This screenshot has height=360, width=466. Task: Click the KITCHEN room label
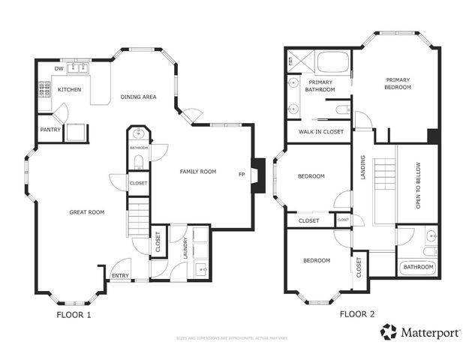[70, 90]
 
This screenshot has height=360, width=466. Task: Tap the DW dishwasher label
[59, 70]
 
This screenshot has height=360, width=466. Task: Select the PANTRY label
[50, 129]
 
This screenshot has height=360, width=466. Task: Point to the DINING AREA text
[138, 96]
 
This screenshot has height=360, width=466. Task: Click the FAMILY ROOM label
[198, 172]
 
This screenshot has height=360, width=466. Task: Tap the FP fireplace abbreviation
[242, 175]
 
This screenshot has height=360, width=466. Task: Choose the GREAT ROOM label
[86, 212]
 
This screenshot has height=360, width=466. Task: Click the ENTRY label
[120, 276]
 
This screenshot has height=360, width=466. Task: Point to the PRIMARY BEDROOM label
[398, 83]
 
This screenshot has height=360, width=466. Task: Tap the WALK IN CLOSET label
[320, 132]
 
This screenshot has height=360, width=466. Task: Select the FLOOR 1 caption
[74, 315]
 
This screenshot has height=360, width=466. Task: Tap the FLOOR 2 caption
[357, 315]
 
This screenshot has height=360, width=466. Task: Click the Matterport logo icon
[389, 331]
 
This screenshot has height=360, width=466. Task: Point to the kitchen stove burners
[43, 91]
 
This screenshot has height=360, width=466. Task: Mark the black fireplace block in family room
[259, 175]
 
